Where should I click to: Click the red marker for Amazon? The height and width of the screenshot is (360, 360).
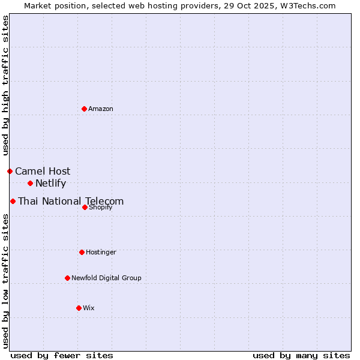(x=84, y=109)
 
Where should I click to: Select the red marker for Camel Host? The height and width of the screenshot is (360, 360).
(x=10, y=171)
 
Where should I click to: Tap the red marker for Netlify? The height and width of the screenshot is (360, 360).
(x=30, y=183)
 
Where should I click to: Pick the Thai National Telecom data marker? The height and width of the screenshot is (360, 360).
(x=13, y=201)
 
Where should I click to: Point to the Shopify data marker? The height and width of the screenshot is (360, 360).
(x=85, y=207)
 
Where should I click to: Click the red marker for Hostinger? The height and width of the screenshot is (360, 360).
(x=82, y=252)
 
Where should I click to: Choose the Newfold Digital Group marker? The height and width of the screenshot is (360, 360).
(x=67, y=278)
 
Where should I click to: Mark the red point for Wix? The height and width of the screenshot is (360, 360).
(x=79, y=308)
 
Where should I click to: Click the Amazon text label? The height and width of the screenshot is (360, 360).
(x=101, y=109)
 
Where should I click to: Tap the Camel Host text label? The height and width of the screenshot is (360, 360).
(x=43, y=171)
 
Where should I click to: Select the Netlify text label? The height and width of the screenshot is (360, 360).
(x=50, y=183)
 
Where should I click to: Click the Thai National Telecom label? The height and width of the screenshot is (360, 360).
(x=71, y=201)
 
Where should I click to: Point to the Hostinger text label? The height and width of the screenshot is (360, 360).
(x=101, y=252)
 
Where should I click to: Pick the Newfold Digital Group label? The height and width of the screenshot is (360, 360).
(x=106, y=278)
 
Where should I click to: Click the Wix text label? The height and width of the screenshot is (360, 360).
(x=89, y=308)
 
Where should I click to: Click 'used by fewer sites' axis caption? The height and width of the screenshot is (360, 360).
(x=62, y=355)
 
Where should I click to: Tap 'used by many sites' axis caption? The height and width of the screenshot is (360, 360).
(x=301, y=355)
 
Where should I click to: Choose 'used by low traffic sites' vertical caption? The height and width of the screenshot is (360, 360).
(x=5, y=280)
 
